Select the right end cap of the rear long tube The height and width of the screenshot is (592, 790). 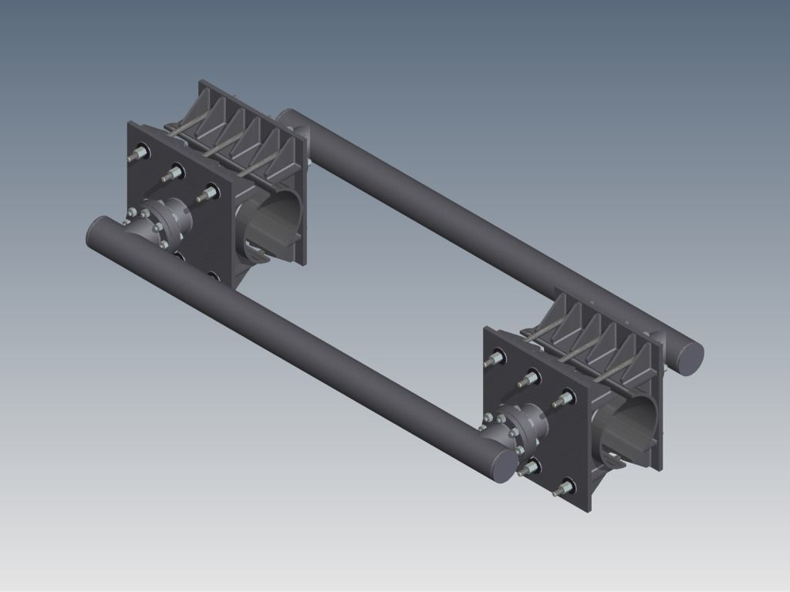coord(688,357)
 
